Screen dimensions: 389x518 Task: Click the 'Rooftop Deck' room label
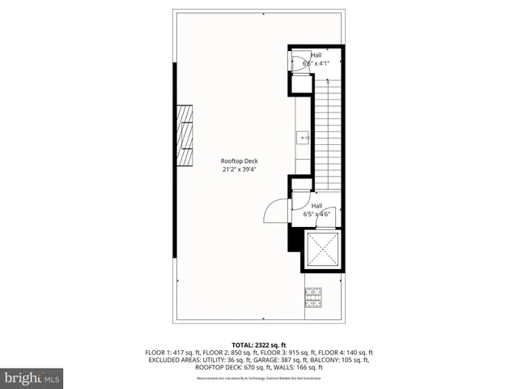pos(240,160)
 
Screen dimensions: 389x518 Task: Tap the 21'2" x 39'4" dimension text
pos(240,169)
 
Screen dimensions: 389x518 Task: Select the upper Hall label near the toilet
pos(316,55)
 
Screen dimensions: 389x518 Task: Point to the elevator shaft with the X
pos(322,250)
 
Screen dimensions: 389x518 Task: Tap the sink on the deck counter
pos(304,139)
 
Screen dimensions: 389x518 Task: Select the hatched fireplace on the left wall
pos(187,135)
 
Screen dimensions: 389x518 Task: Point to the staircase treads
pos(326,130)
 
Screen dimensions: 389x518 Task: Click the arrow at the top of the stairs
pos(327,80)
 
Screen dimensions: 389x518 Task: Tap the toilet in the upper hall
pos(299,63)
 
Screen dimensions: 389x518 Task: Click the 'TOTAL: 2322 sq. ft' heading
pos(259,345)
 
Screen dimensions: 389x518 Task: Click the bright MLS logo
pos(32,378)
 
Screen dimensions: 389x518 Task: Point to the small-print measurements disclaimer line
pos(259,378)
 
